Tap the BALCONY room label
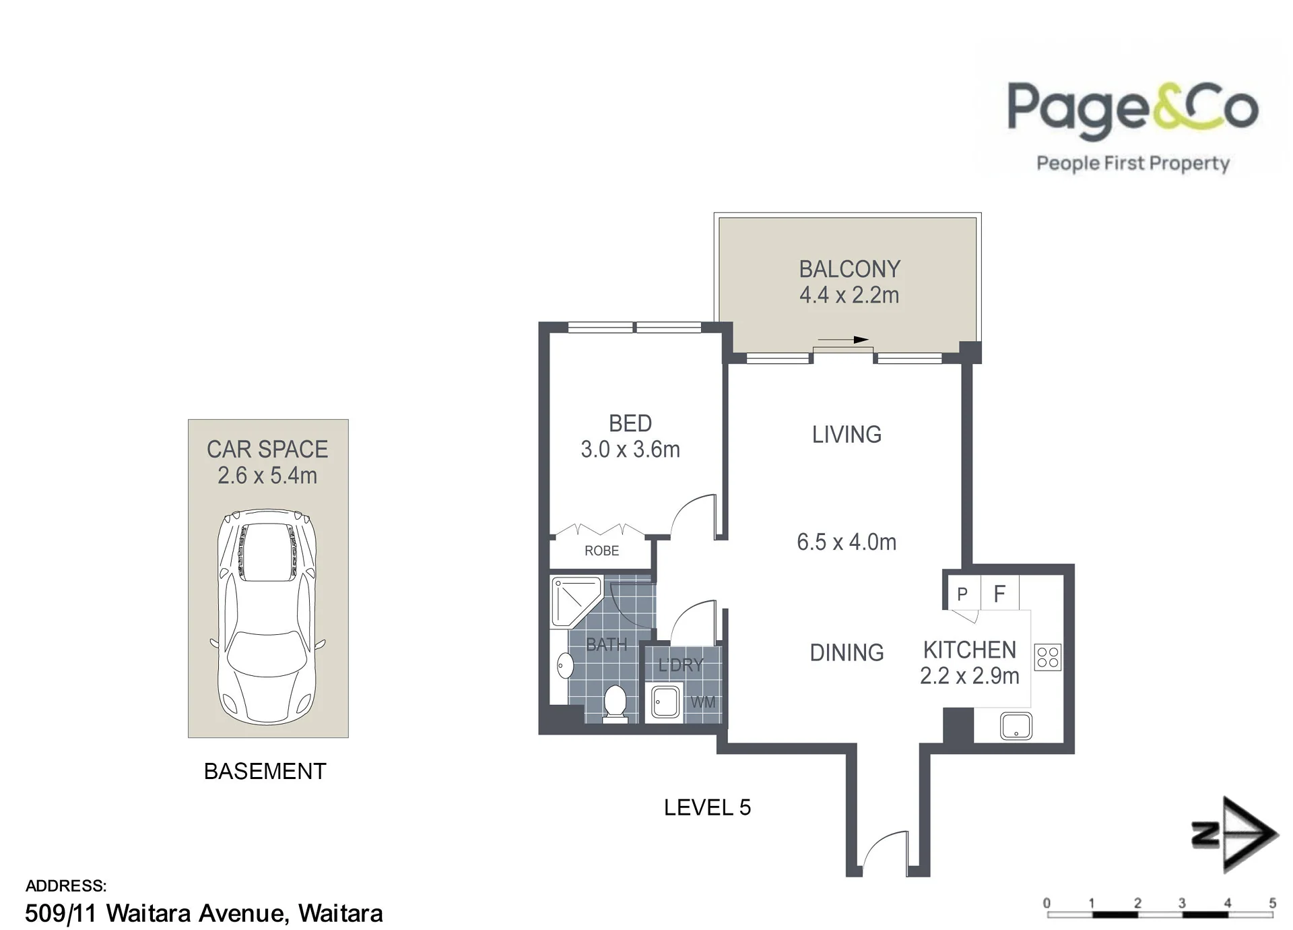tap(849, 270)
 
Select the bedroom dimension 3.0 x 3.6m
tap(630, 449)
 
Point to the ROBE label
tap(601, 551)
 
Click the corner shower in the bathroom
tap(576, 602)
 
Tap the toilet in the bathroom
tap(614, 704)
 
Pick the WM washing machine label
tap(702, 702)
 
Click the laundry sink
tap(665, 702)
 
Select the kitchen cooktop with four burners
tap(1048, 657)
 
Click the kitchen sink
tap(1016, 726)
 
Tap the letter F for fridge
tap(999, 594)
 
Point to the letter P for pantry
tap(962, 594)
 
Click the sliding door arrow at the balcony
tap(843, 340)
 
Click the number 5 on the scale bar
tap(1272, 903)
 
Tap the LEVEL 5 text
tap(707, 807)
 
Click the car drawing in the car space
tap(268, 617)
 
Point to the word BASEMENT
tap(265, 771)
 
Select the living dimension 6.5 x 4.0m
tap(847, 542)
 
